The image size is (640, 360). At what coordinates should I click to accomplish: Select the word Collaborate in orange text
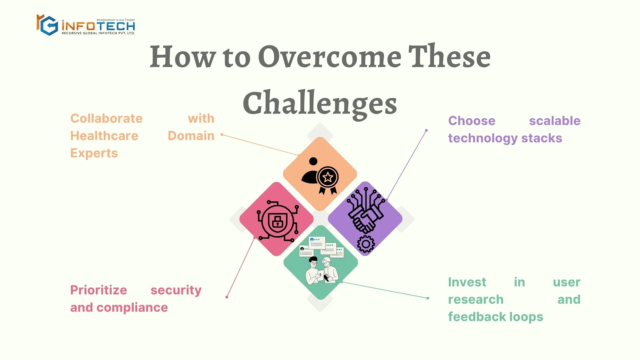[x=106, y=118]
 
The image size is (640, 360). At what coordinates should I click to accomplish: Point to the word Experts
[x=94, y=153]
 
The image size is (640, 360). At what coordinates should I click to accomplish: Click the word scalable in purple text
[x=555, y=121]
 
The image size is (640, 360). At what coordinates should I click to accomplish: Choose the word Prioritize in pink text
[x=99, y=290]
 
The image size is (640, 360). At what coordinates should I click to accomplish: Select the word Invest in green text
[x=467, y=282]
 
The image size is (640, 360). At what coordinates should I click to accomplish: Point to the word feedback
[x=479, y=317]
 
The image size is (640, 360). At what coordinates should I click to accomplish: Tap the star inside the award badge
[x=328, y=177]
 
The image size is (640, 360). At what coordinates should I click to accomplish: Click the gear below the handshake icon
[x=366, y=244]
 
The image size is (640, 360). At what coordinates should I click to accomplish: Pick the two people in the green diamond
[x=322, y=270]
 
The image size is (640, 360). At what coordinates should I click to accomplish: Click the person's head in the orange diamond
[x=313, y=161]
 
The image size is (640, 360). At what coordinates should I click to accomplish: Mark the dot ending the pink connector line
[x=227, y=297]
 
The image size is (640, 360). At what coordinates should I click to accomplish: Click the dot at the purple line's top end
[x=426, y=130]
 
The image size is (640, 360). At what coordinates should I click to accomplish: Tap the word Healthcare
[x=104, y=136]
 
